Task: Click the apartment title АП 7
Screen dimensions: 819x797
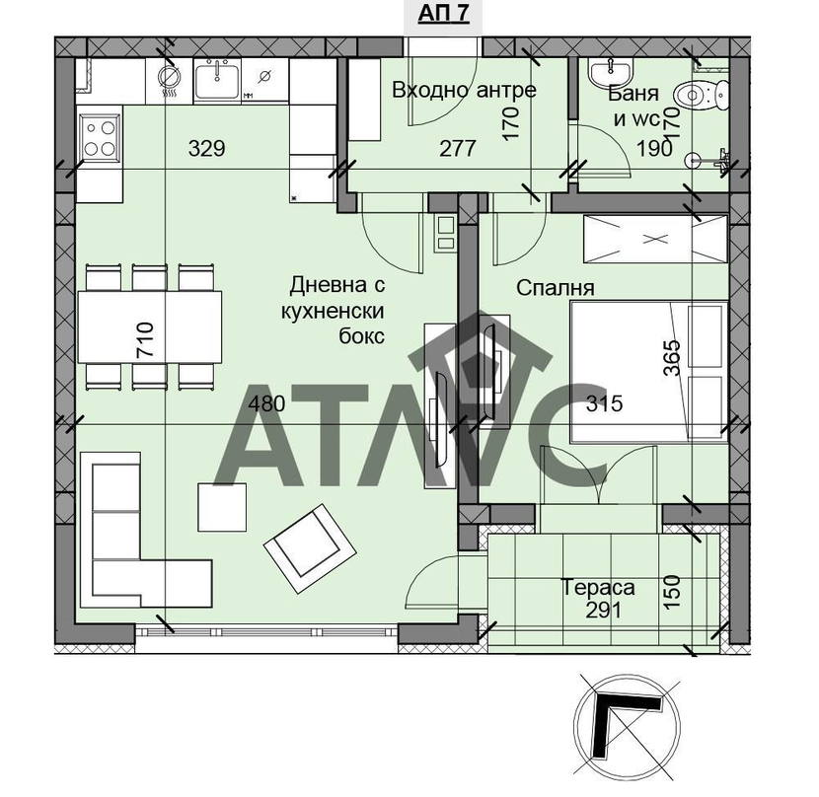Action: tap(443, 14)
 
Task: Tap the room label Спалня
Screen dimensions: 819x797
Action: tap(556, 288)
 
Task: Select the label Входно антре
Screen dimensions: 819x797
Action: tap(465, 90)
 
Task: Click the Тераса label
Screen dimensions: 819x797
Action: tap(598, 588)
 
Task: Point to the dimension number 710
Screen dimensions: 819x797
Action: tap(146, 339)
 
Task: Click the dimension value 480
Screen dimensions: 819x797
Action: tap(266, 403)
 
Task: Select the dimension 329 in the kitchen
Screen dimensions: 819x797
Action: tap(207, 148)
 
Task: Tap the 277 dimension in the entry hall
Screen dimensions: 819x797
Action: tap(458, 148)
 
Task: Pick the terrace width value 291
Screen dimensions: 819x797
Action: tap(603, 610)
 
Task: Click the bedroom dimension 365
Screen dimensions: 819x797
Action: tap(672, 358)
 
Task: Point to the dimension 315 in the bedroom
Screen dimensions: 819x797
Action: tap(604, 403)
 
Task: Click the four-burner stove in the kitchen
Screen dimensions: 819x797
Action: tap(100, 138)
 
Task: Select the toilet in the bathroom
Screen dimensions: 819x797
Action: tap(702, 96)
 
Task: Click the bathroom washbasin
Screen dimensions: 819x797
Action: tap(610, 72)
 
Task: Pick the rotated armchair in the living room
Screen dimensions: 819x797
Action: tap(310, 548)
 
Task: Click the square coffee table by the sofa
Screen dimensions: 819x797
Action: tap(222, 507)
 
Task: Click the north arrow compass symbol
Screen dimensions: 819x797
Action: tap(627, 725)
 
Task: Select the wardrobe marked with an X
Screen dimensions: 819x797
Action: tap(655, 239)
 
